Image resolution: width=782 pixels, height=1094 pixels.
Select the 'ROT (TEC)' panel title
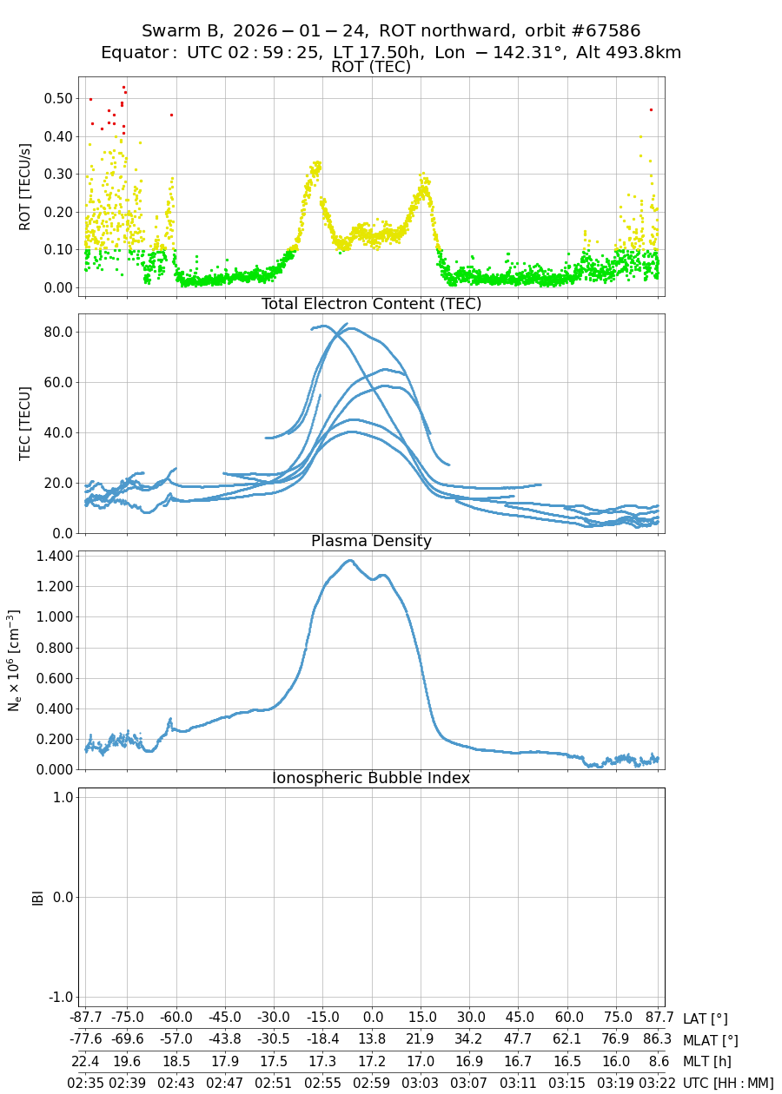pos(371,68)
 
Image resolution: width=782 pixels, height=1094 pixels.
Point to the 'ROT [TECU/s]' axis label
pos(25,187)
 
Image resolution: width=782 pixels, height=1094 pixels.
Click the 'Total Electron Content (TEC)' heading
pos(371,305)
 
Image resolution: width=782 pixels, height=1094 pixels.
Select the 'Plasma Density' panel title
pos(371,542)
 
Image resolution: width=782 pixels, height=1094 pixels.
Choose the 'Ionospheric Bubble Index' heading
pos(371,779)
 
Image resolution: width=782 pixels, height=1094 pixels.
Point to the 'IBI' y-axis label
pos(37,897)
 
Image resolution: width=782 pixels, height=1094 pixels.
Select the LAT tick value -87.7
pos(85,1018)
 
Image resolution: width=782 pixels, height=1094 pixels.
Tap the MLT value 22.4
pos(85,1061)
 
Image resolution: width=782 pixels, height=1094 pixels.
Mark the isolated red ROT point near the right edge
pos(651,109)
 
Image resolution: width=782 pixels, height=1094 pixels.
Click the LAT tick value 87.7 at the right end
pos(659,1018)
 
